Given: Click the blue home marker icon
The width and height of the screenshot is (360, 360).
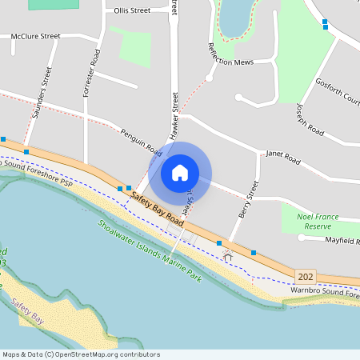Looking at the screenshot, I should (x=180, y=172).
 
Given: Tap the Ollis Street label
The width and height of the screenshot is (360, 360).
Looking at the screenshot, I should (x=132, y=11).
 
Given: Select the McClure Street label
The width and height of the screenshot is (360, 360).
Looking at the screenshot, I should (x=35, y=37).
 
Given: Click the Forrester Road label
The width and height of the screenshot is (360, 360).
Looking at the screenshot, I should (x=90, y=73).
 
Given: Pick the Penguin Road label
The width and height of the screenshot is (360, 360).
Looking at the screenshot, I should (x=141, y=142).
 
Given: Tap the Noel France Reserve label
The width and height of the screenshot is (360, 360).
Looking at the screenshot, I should (x=318, y=222).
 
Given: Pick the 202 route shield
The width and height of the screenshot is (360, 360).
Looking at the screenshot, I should (x=304, y=275).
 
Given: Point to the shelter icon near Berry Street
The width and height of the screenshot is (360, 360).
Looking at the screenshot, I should (x=227, y=256).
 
